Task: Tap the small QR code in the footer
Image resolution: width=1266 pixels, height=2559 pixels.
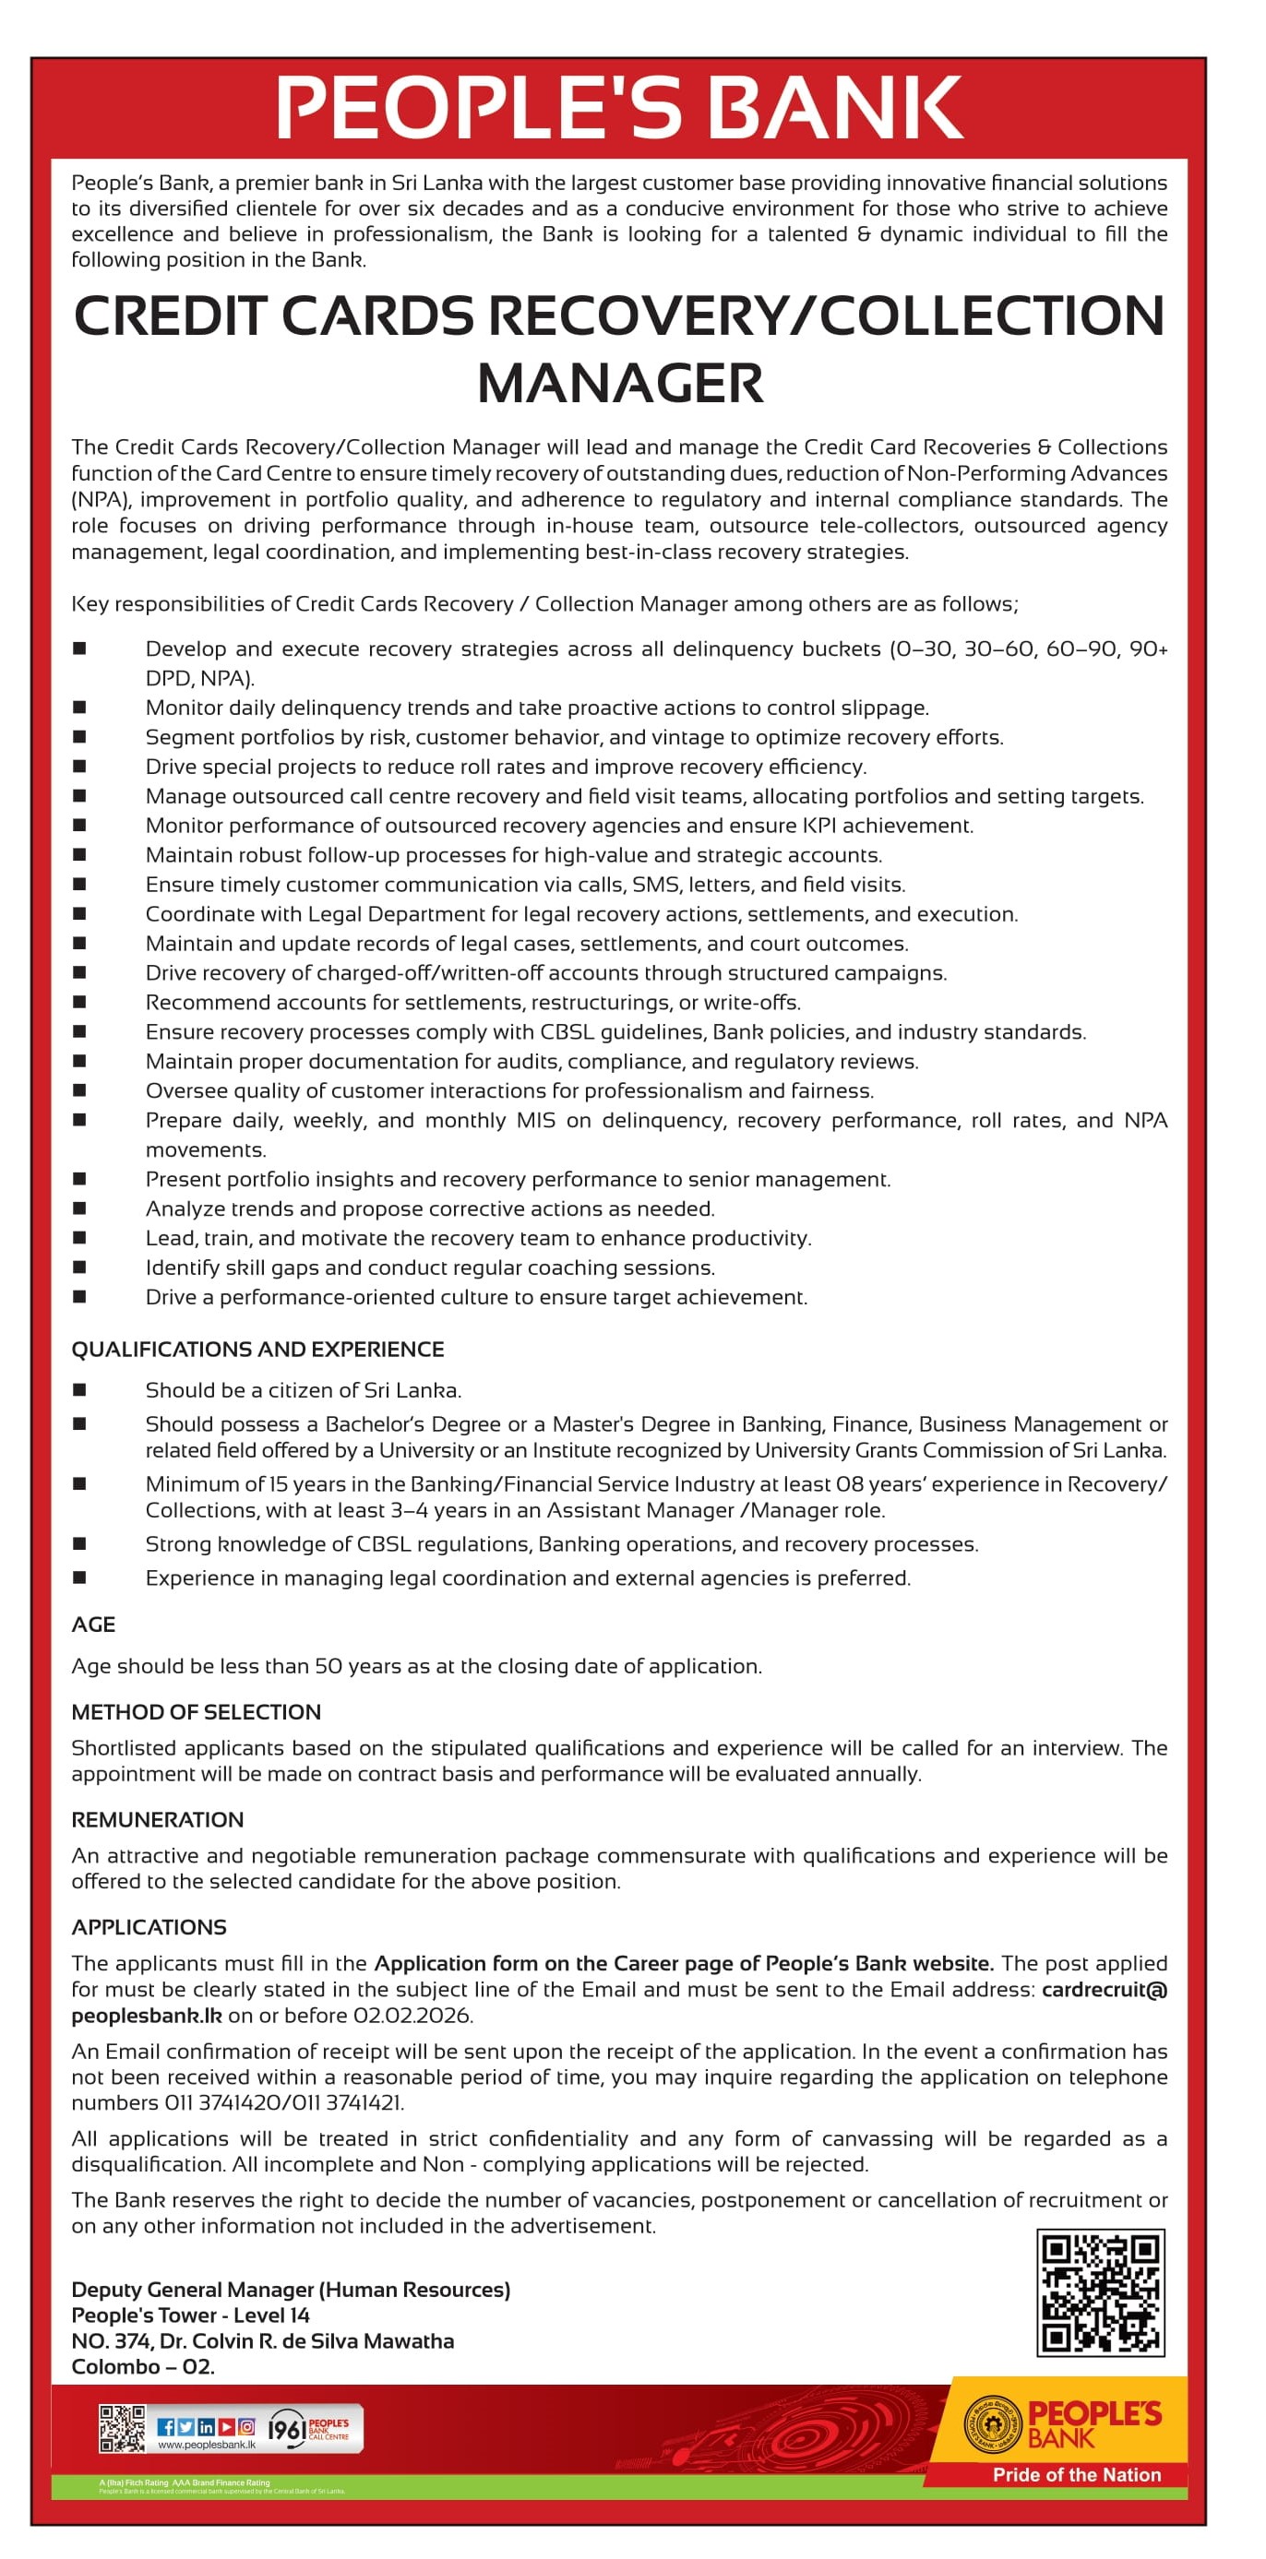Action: click(121, 2428)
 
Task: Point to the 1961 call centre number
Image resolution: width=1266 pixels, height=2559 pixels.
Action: click(286, 2429)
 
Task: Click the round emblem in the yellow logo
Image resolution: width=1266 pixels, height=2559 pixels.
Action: click(992, 2424)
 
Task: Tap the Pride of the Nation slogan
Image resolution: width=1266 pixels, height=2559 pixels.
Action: click(1076, 2474)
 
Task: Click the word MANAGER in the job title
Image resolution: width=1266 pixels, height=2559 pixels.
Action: click(620, 384)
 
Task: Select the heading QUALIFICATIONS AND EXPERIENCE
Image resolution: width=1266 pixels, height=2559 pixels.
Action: click(257, 1349)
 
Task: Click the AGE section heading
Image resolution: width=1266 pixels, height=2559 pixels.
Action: click(93, 1625)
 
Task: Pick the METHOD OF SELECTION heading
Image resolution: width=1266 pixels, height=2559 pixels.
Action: click(196, 1711)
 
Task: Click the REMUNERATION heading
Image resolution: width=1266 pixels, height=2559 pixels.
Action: click(157, 1819)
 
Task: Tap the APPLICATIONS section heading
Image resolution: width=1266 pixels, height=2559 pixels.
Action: click(149, 1926)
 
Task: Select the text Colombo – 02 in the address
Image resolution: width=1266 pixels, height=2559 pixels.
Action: click(142, 2366)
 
